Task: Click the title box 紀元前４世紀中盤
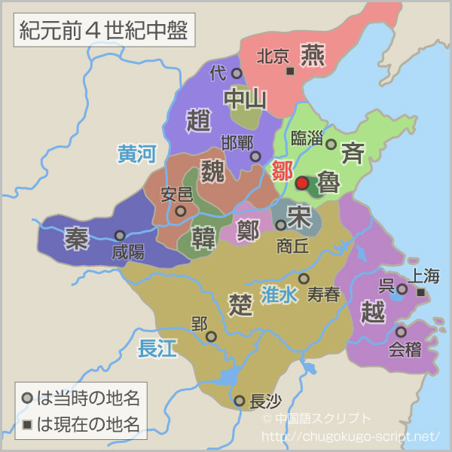click(100, 31)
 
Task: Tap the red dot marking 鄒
click(302, 182)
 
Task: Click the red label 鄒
click(282, 169)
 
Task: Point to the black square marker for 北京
click(290, 71)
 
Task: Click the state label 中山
click(246, 99)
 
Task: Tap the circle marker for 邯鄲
click(255, 157)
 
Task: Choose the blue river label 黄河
click(136, 154)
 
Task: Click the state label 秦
click(76, 237)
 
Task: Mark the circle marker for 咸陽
click(120, 235)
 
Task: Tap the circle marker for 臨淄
click(331, 143)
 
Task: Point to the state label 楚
click(240, 304)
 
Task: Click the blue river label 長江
click(157, 348)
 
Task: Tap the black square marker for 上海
click(421, 292)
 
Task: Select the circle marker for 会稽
click(401, 331)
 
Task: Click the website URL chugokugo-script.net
click(350, 436)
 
